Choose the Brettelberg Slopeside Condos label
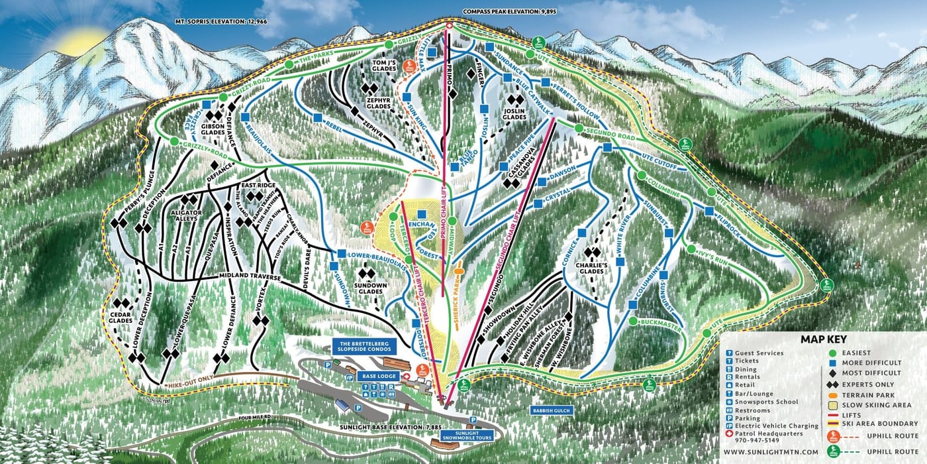coord(366,347)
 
